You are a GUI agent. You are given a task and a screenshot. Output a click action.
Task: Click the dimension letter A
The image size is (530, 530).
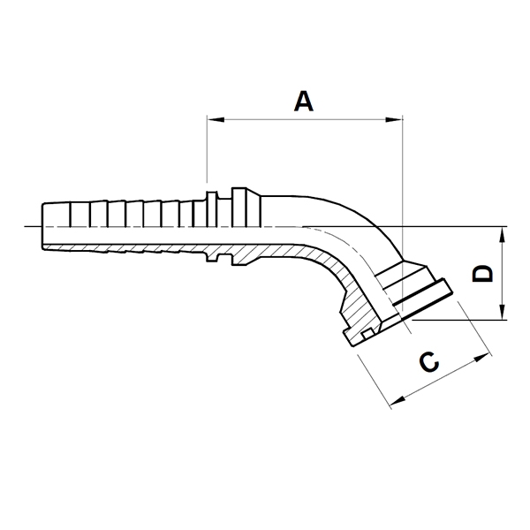(304, 101)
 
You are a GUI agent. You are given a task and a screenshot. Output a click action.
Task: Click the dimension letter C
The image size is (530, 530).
(429, 361)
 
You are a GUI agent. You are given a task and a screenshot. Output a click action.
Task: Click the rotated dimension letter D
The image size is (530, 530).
(482, 274)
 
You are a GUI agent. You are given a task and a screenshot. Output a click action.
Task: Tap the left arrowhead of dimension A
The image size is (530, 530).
(216, 119)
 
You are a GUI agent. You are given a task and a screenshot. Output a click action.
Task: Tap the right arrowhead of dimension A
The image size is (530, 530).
(394, 119)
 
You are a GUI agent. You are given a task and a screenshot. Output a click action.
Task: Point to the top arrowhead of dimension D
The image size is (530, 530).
(503, 235)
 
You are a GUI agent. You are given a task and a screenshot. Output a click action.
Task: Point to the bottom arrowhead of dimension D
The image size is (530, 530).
(503, 311)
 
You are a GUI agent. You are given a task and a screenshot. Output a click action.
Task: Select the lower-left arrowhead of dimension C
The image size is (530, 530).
(398, 401)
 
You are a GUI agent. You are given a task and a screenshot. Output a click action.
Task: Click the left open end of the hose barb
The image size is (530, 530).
(43, 226)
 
